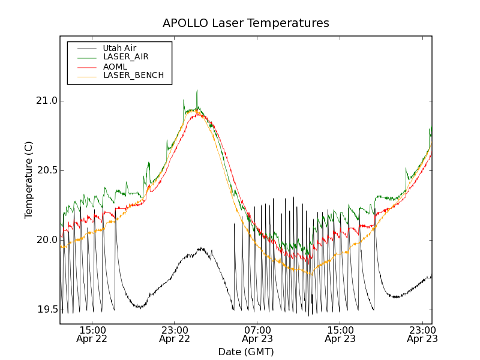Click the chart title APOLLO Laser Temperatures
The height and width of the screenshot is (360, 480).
pyautogui.click(x=245, y=23)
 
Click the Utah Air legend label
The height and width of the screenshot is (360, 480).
pyautogui.click(x=119, y=48)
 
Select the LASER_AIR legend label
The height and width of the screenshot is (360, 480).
pyautogui.click(x=125, y=57)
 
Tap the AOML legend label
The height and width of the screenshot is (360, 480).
pyautogui.click(x=115, y=66)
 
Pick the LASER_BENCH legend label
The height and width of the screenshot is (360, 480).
pyautogui.click(x=133, y=75)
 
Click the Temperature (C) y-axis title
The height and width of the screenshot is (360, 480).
pyautogui.click(x=29, y=180)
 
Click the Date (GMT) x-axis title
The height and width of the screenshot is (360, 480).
pyautogui.click(x=245, y=352)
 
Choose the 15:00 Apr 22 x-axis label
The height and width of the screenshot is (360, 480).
pyautogui.click(x=92, y=334)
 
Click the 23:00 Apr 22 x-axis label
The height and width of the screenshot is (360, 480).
pyautogui.click(x=175, y=334)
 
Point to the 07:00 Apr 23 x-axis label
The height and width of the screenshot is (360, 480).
pyautogui.click(x=257, y=334)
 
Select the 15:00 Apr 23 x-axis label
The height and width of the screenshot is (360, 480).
pyautogui.click(x=340, y=334)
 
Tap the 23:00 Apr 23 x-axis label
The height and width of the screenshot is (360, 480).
pyautogui.click(x=422, y=334)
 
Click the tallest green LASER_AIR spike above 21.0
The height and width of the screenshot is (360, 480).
pyautogui.click(x=197, y=91)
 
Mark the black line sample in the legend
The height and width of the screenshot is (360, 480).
pyautogui.click(x=84, y=48)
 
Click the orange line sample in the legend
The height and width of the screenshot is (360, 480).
pyautogui.click(x=84, y=76)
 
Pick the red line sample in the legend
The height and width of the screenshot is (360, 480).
pyautogui.click(x=84, y=67)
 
